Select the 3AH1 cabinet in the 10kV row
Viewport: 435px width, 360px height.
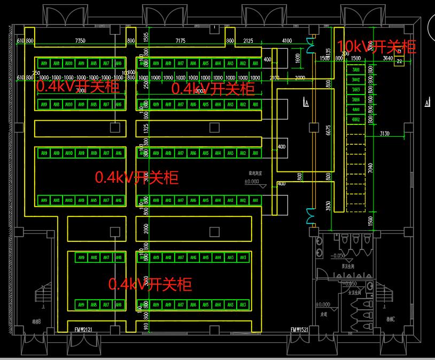(355, 70)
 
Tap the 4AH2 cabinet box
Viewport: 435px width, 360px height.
(355, 120)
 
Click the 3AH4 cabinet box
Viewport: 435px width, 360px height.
(355, 100)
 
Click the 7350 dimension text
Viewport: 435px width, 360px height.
(80, 41)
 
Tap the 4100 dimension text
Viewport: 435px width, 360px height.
(287, 41)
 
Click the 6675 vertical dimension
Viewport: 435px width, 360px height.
(329, 130)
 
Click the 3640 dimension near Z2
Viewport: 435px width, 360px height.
(387, 58)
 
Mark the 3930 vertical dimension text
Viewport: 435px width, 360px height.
(328, 206)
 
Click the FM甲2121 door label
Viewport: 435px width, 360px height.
(84, 330)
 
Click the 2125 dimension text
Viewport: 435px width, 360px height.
(248, 41)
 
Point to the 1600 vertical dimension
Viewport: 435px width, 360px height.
(298, 58)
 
